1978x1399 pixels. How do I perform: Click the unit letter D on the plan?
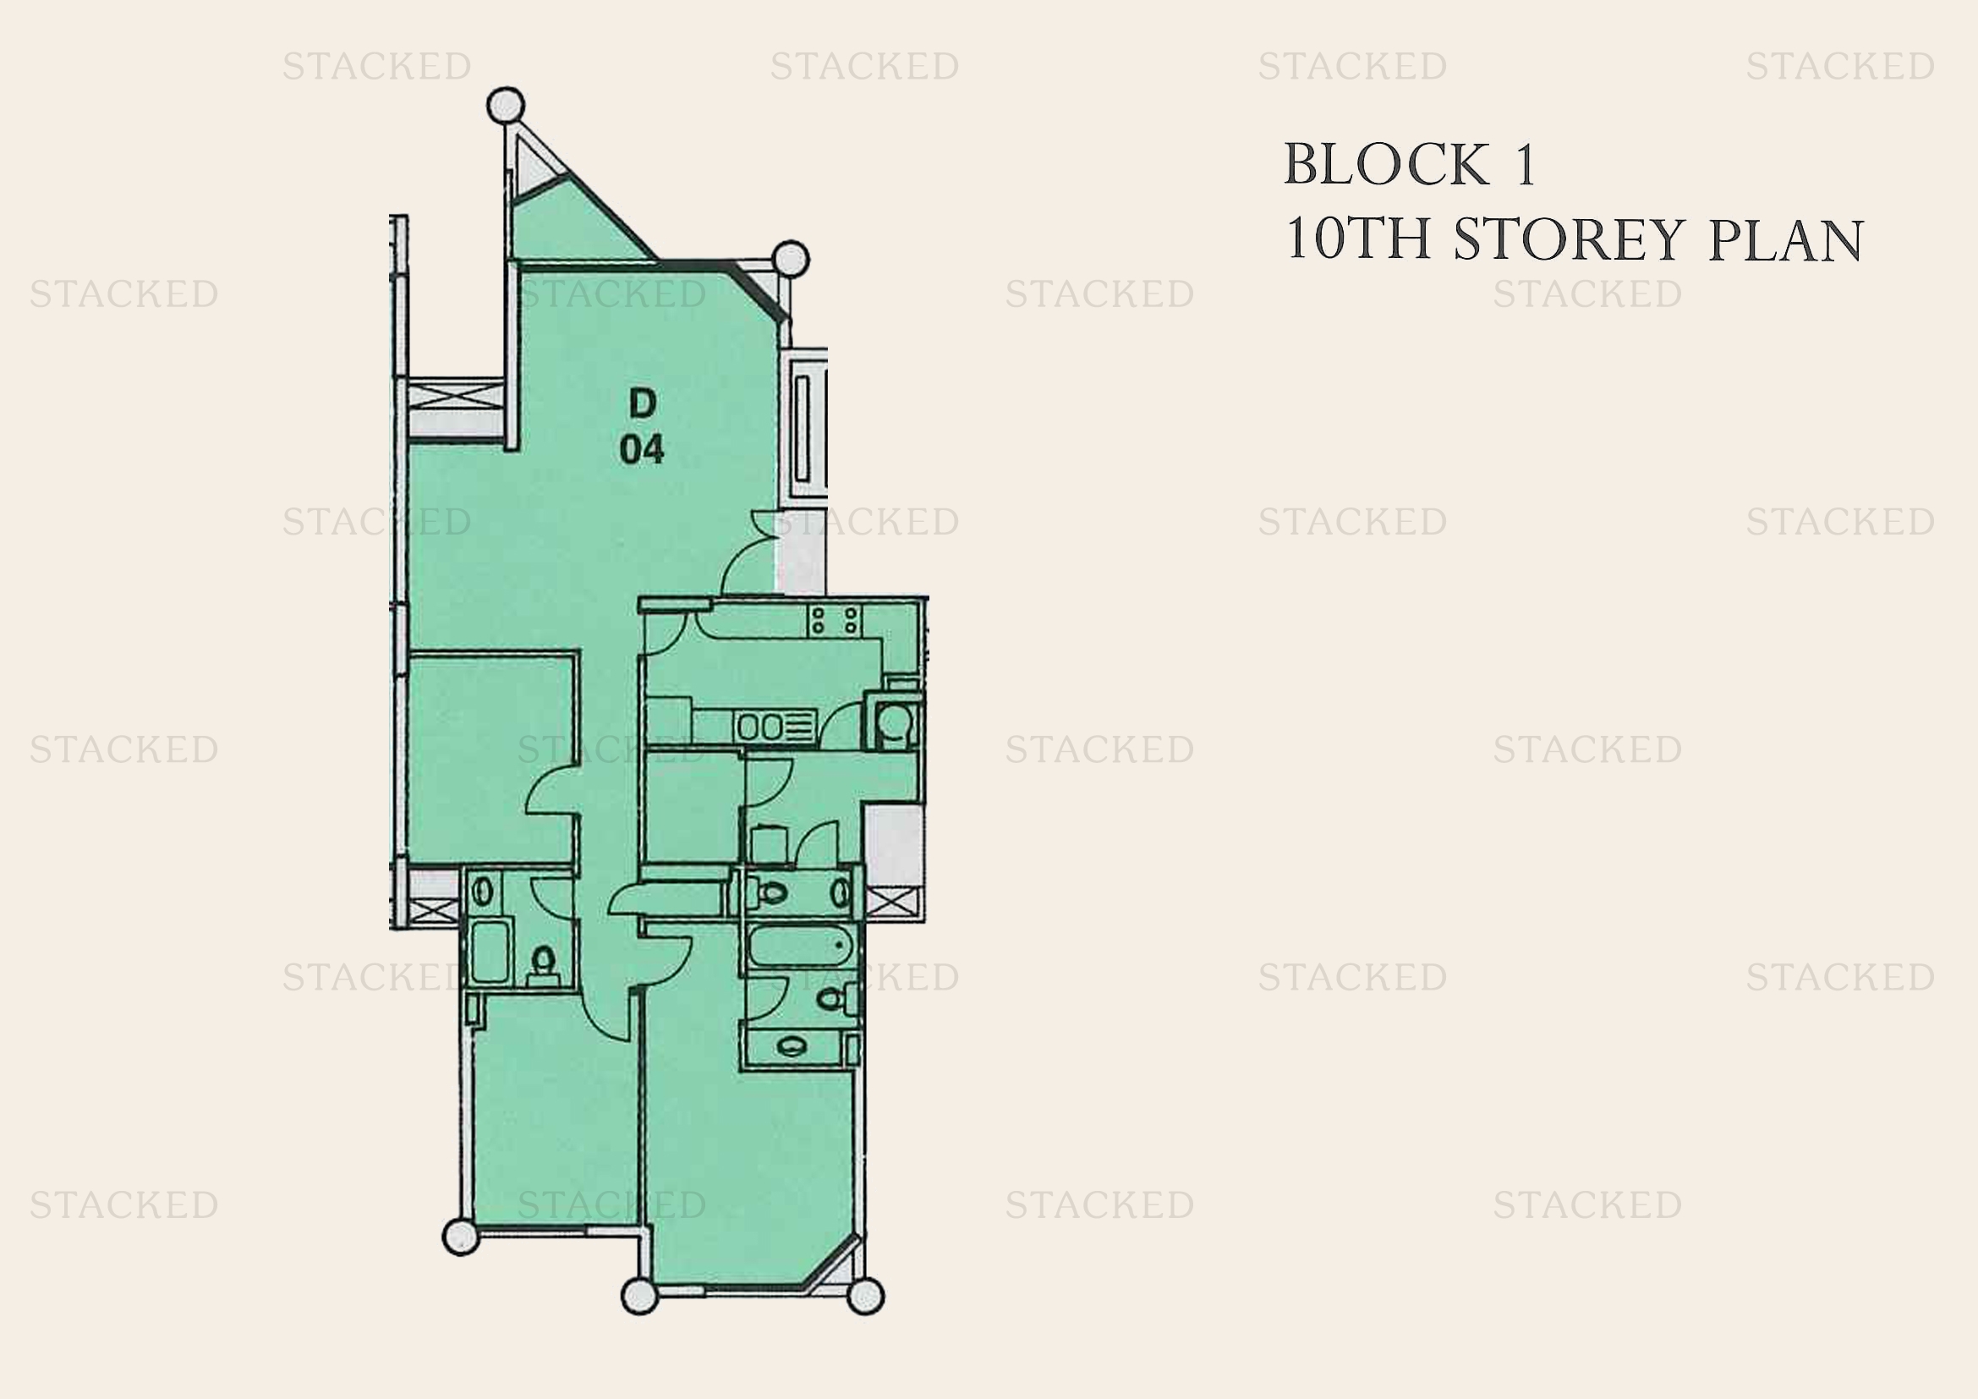(643, 403)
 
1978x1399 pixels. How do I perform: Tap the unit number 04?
(642, 450)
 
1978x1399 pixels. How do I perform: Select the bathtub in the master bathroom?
(801, 947)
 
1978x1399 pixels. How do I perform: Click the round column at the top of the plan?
(506, 105)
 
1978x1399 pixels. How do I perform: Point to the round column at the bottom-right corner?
(866, 1296)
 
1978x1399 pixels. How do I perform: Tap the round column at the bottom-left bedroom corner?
(461, 1237)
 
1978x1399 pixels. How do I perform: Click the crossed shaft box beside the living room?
(455, 398)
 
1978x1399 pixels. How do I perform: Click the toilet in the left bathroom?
(543, 965)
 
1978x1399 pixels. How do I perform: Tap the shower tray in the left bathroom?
(491, 951)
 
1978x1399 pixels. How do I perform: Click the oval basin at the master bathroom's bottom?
(792, 1046)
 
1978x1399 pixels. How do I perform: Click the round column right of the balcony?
(791, 259)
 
